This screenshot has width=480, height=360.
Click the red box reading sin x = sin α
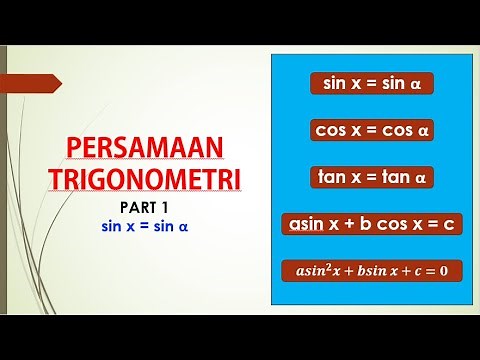point(371,83)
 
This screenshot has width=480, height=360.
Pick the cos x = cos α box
point(371,130)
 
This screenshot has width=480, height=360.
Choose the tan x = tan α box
point(371,177)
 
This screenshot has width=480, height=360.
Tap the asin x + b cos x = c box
point(371,224)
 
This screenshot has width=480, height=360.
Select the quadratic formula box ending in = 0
point(371,271)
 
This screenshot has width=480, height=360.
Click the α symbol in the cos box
point(423,130)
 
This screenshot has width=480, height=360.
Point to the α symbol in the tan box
point(421,177)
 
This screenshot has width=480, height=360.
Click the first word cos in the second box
point(330,130)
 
